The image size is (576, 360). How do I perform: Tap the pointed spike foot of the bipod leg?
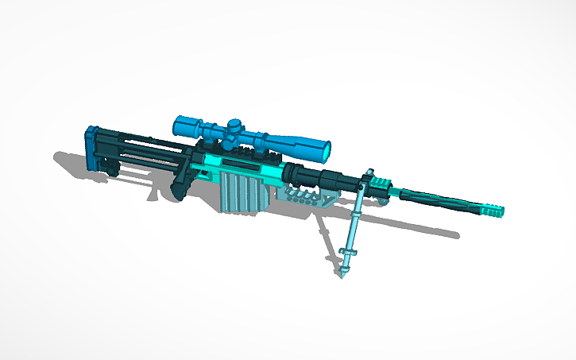tap(342, 273)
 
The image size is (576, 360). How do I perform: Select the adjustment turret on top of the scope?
tap(235, 125)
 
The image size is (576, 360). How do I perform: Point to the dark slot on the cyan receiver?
tap(238, 165)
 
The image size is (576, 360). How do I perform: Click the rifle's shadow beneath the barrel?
tap(413, 230)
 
